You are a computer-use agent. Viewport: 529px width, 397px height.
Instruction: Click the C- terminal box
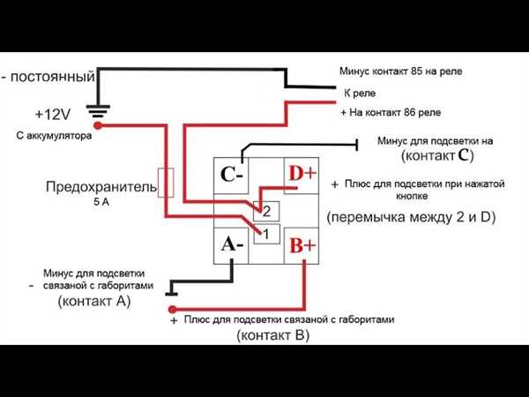coord(231,176)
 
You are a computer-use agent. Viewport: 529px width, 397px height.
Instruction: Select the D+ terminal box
coord(302,176)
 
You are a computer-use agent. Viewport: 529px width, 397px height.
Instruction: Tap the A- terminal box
coord(231,245)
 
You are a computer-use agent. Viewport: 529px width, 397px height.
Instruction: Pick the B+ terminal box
coord(302,245)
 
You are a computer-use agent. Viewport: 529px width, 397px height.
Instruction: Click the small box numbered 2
coord(266,212)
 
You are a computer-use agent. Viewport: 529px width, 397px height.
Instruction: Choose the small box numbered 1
coord(266,234)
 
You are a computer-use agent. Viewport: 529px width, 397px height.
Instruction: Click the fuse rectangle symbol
coord(166,183)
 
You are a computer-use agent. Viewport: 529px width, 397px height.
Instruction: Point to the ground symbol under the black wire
coord(98,112)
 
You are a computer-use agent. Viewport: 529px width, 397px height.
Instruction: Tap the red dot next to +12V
coord(98,125)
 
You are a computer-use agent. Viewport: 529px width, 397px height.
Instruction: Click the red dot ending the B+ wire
coord(173,310)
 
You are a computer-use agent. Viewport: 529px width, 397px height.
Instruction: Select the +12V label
coord(53,115)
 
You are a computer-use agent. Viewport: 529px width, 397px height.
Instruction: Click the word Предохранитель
coord(101,187)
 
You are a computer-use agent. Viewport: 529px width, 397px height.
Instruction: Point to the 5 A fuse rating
coord(101,202)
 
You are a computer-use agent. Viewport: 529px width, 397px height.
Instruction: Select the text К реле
coord(360,94)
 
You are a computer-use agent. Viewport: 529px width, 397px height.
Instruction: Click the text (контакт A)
coord(94,301)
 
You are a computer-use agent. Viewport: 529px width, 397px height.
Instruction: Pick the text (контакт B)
coord(273,335)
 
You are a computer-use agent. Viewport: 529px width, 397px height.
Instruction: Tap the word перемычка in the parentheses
coord(369,217)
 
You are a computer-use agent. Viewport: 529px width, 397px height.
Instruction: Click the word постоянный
coord(53,77)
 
